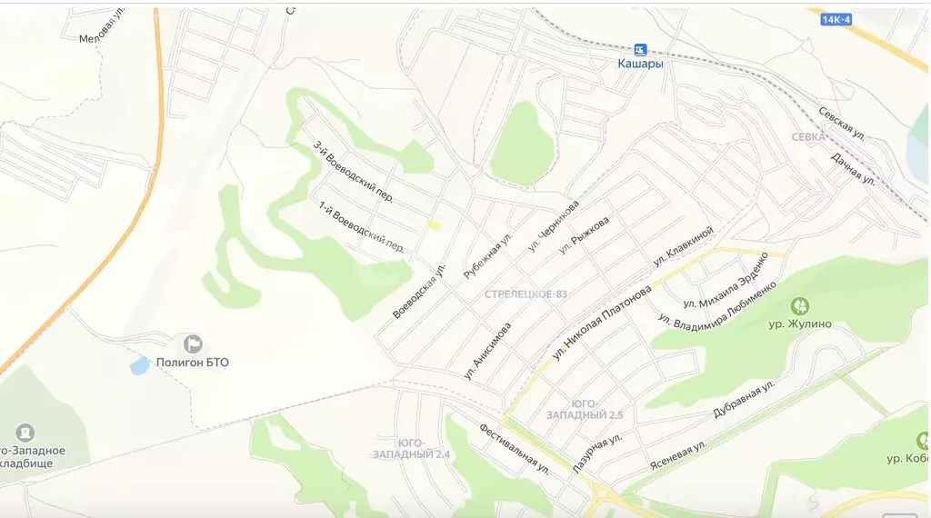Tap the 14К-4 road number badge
coord(836,17)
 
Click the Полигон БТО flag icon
coord(193,344)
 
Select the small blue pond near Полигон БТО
coord(139,365)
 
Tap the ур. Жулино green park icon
coord(800,305)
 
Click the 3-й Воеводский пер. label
coord(353,170)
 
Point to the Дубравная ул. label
coord(744,399)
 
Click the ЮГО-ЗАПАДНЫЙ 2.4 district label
coord(412,447)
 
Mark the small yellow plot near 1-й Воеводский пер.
coord(435,224)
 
